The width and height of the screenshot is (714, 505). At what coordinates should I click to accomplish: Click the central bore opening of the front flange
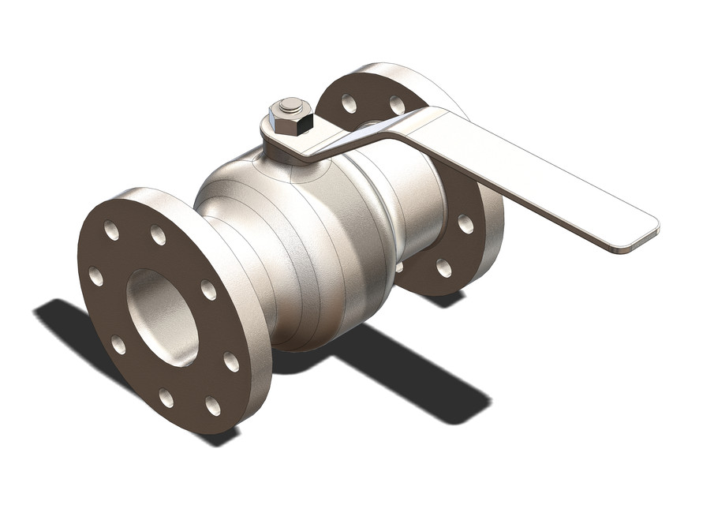point(162,316)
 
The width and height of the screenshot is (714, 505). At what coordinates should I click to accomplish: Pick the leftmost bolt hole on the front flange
point(95,276)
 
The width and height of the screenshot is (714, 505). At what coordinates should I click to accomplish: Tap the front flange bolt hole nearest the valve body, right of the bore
point(208,290)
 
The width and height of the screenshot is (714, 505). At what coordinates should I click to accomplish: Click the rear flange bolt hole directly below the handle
point(465,224)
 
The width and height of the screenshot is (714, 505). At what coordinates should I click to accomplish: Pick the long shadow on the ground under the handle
point(410,371)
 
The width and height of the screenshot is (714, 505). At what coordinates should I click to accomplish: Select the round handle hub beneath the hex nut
point(280,142)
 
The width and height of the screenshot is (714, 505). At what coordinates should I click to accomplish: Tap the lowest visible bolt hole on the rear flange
point(443,268)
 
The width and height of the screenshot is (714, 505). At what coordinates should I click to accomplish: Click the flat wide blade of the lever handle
point(544,185)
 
